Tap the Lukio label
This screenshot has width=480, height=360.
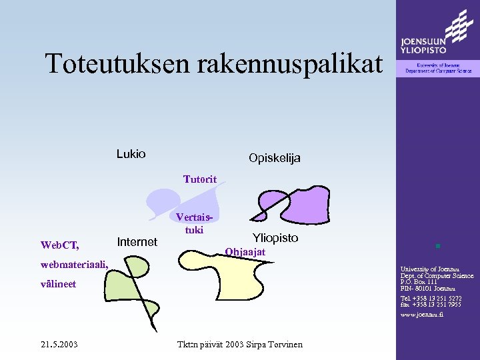pos(131,154)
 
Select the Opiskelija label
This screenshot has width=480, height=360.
pos(274,158)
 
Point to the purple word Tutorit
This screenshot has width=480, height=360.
pos(205,179)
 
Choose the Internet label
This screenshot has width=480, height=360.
pos(137,242)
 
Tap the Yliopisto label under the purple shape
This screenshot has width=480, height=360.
pos(275,238)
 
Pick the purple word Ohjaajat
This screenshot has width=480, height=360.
pos(245,252)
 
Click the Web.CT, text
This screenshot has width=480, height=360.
pos(60,245)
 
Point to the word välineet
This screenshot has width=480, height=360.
pos(58,284)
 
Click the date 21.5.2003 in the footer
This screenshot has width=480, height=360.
pos(59,344)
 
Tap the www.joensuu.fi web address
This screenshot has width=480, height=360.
pos(421,315)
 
